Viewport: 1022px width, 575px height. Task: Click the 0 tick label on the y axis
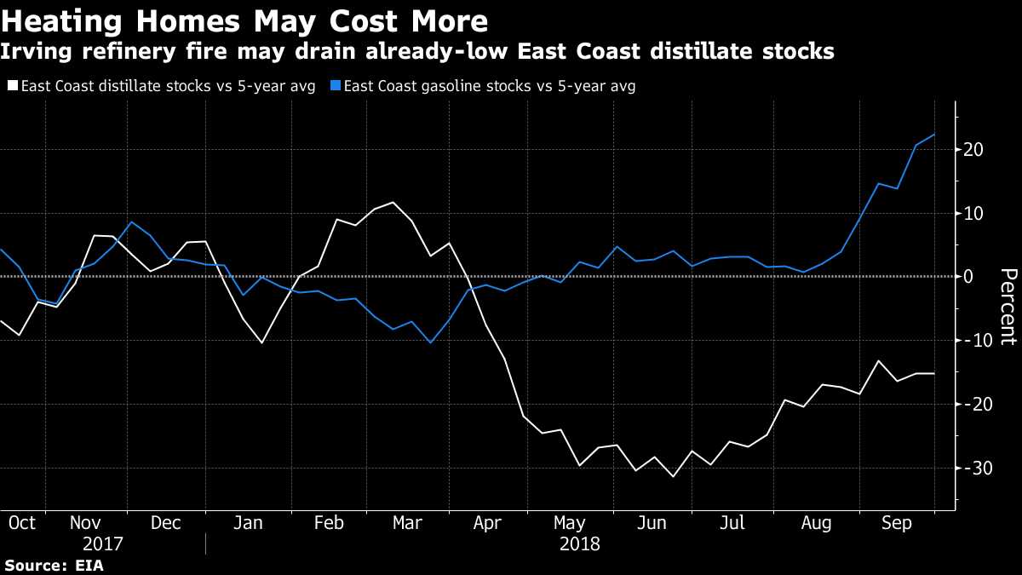coord(968,277)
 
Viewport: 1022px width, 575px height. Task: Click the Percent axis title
coord(1008,307)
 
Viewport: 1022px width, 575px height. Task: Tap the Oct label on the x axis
coord(21,522)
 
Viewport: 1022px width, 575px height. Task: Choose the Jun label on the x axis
coord(652,522)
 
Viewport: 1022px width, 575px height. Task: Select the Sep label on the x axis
coord(897,522)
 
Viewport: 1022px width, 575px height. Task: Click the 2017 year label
coord(103,543)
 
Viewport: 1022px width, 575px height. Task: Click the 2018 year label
coord(579,543)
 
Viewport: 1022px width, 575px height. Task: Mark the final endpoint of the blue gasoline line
coord(934,135)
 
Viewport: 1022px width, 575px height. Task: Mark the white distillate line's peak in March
coord(393,202)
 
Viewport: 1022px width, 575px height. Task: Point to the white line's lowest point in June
coord(673,476)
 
